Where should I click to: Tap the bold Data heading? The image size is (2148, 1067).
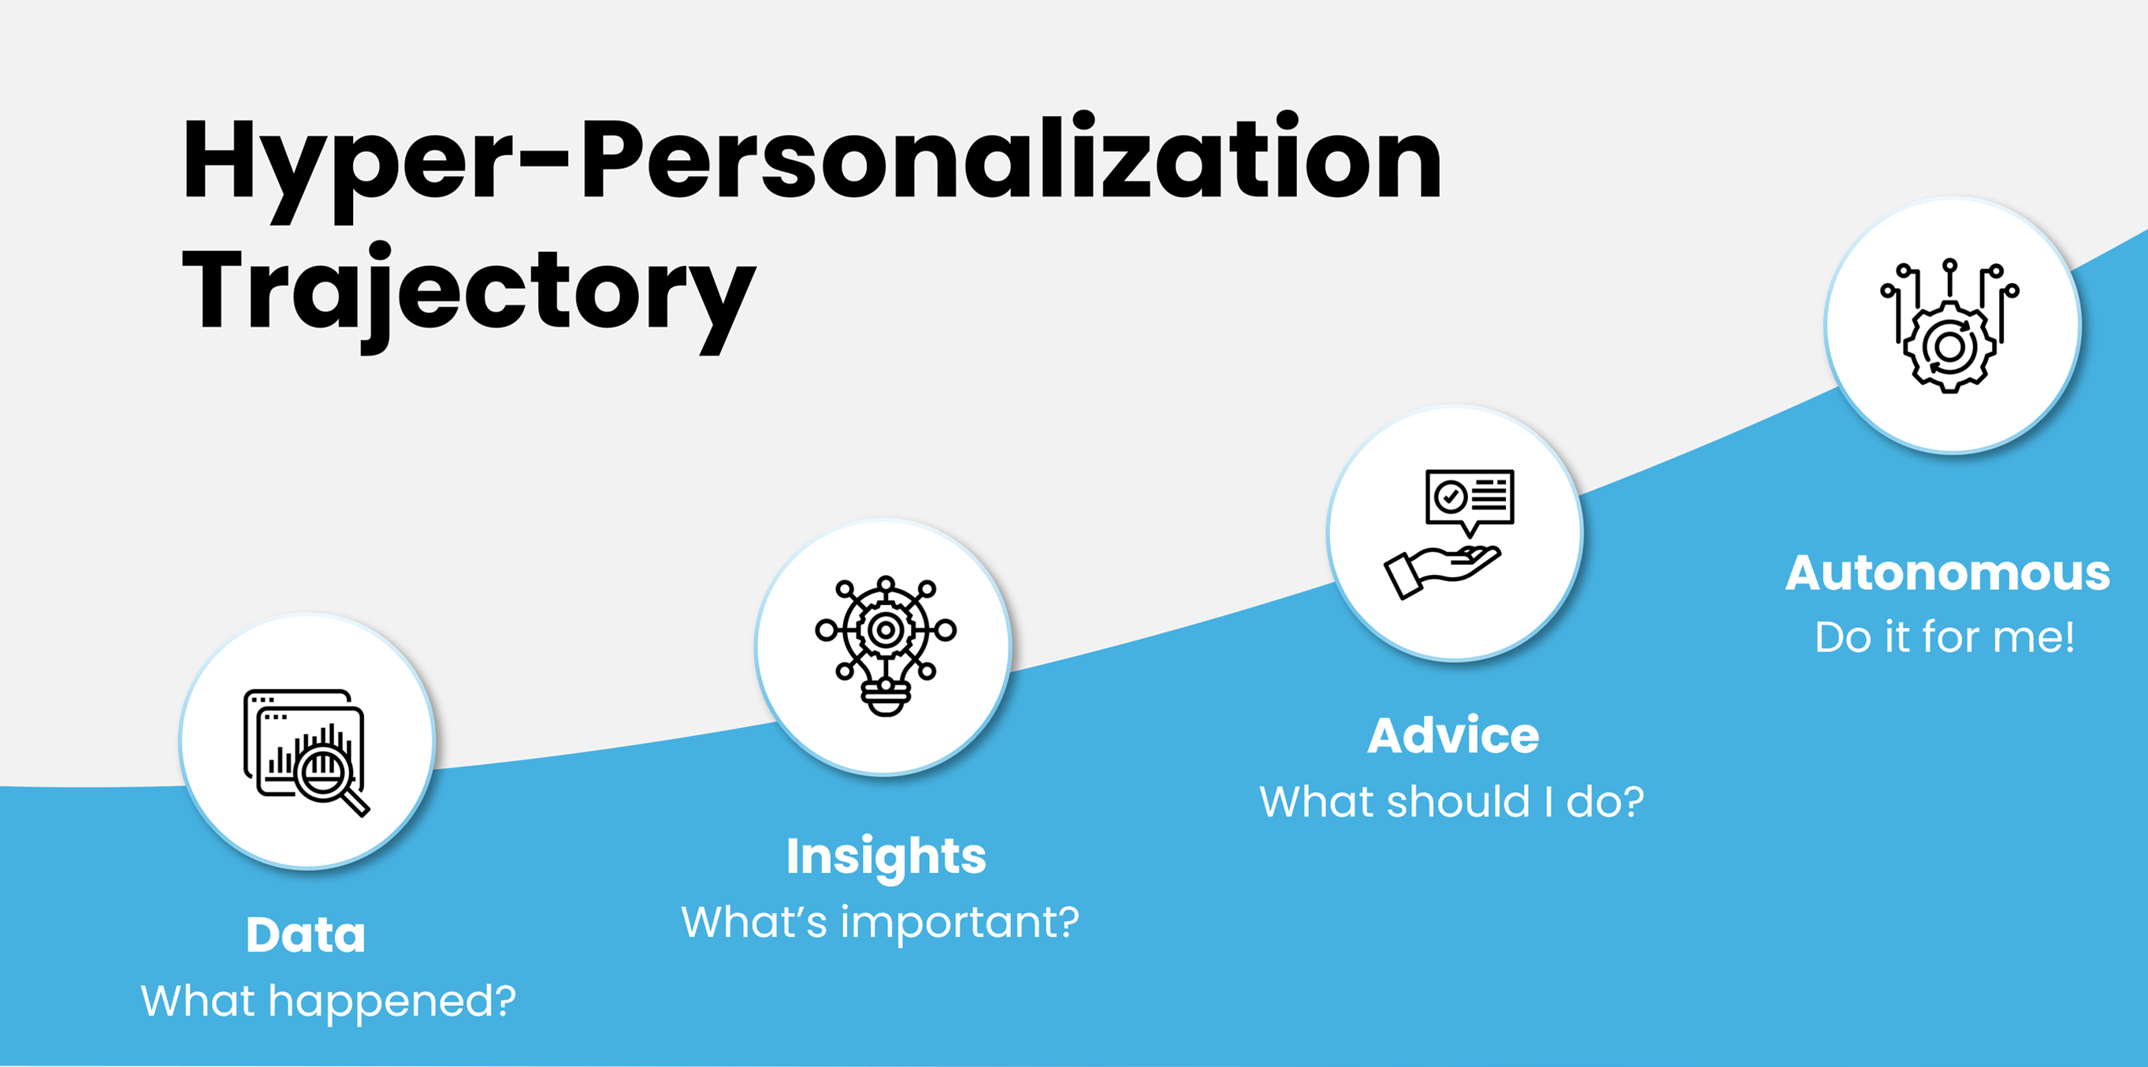[x=306, y=935]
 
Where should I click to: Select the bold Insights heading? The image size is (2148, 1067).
[x=886, y=857]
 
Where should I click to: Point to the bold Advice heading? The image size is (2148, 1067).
[x=1453, y=736]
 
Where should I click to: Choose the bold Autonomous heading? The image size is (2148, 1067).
[x=1948, y=573]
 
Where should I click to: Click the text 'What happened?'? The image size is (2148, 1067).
[x=329, y=1001]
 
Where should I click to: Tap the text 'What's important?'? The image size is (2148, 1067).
[x=880, y=923]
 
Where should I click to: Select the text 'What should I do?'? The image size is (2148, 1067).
[x=1451, y=802]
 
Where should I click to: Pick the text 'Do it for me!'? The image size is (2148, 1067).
[x=1945, y=637]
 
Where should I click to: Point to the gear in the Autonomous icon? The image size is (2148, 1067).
[x=1949, y=346]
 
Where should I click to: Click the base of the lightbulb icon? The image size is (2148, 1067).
[x=886, y=698]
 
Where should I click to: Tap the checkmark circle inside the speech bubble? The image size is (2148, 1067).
[x=1450, y=497]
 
